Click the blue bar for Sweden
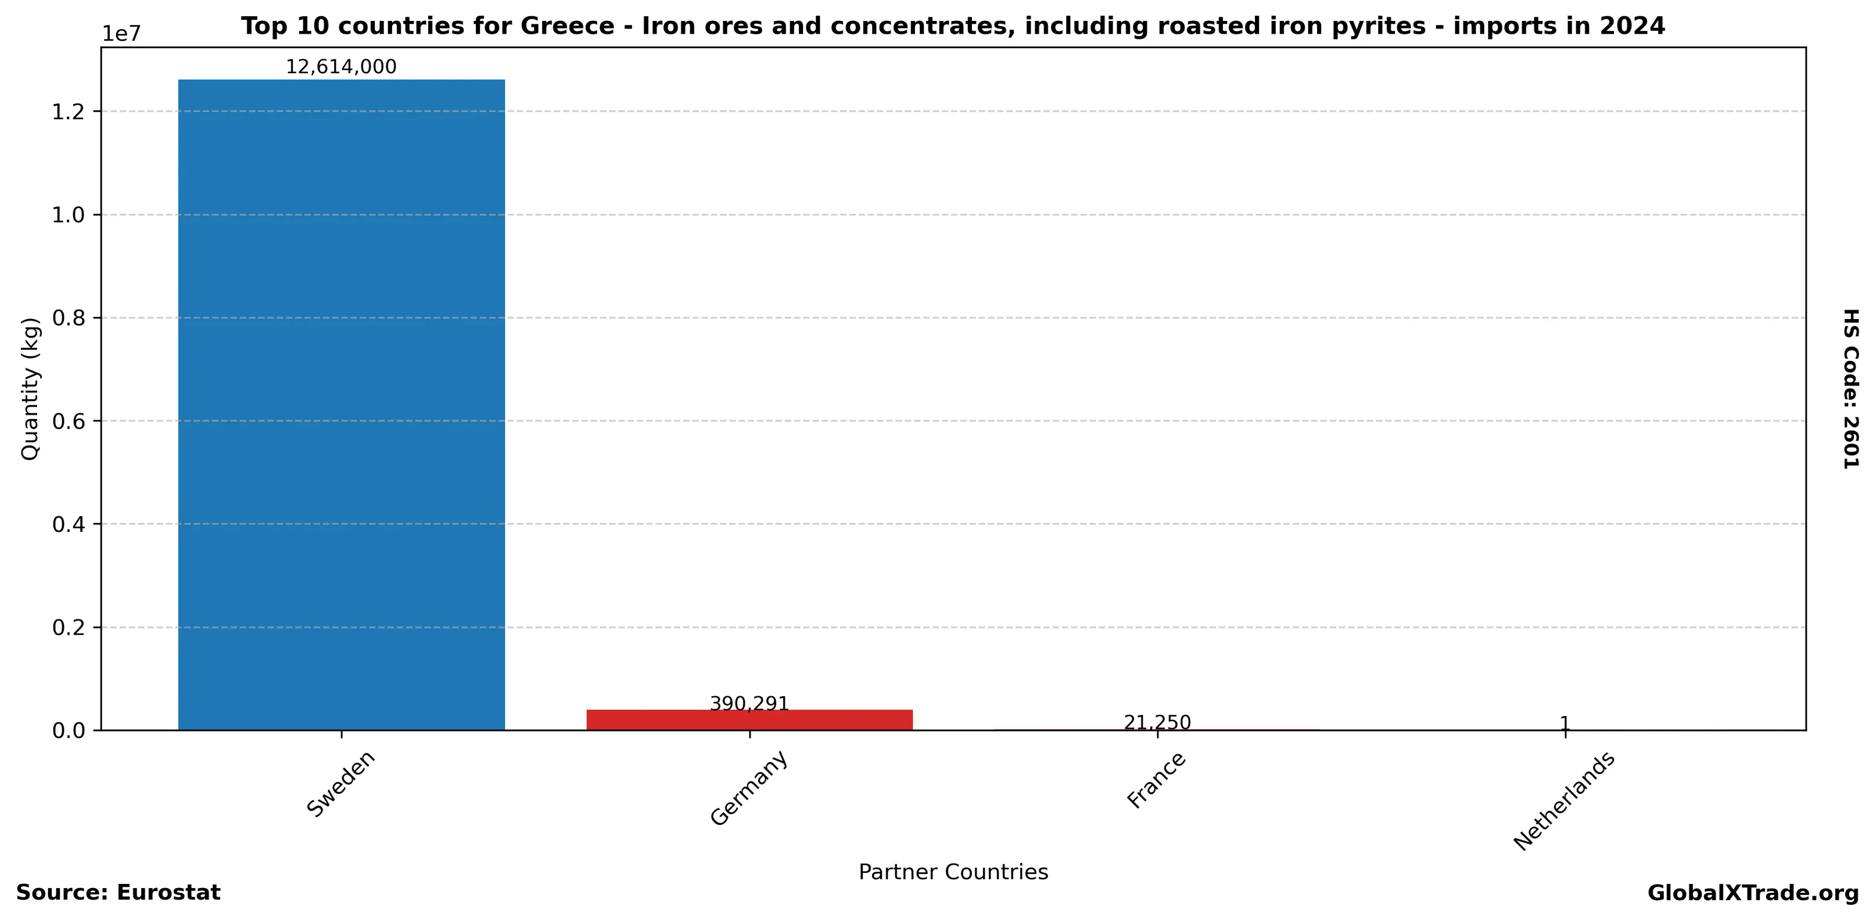click(x=341, y=404)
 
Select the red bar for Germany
click(x=749, y=719)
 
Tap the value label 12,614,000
click(x=341, y=67)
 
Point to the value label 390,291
click(x=749, y=704)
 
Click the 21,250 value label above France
click(x=1157, y=722)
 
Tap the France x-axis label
click(x=1157, y=781)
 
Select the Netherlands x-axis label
click(x=1565, y=801)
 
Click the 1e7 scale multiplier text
click(x=121, y=34)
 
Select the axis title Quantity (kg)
click(x=30, y=389)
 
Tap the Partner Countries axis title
click(x=953, y=872)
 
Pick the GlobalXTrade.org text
click(x=1753, y=893)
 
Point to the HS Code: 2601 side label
click(x=1850, y=389)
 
